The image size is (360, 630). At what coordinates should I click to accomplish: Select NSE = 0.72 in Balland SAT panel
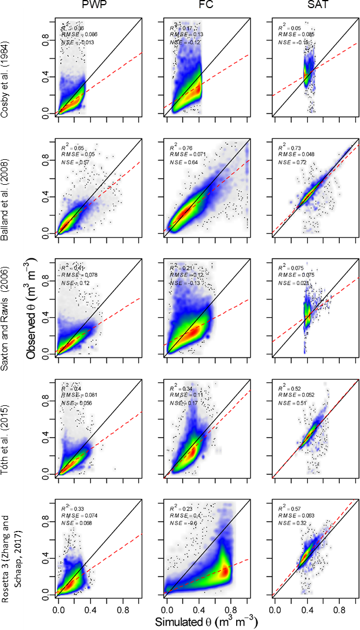click(292, 164)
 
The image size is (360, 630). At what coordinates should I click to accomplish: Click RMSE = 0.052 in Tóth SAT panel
click(293, 394)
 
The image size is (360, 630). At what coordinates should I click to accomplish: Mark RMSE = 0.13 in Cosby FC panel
click(184, 35)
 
